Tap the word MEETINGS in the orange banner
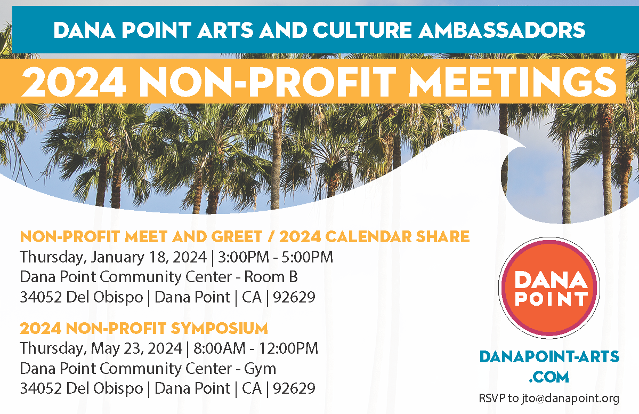click(x=512, y=82)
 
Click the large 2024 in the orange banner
click(x=74, y=82)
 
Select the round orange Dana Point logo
click(x=549, y=288)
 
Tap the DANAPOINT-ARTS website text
click(x=549, y=356)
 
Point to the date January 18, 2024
click(x=149, y=257)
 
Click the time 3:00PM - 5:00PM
click(x=276, y=257)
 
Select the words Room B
click(x=271, y=277)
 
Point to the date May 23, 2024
click(x=136, y=349)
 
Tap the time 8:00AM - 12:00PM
click(x=255, y=348)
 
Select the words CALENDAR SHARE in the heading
click(x=398, y=236)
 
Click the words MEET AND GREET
click(x=193, y=236)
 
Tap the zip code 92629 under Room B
click(x=294, y=297)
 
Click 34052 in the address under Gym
click(x=41, y=388)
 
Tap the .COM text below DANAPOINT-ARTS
click(x=549, y=377)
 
